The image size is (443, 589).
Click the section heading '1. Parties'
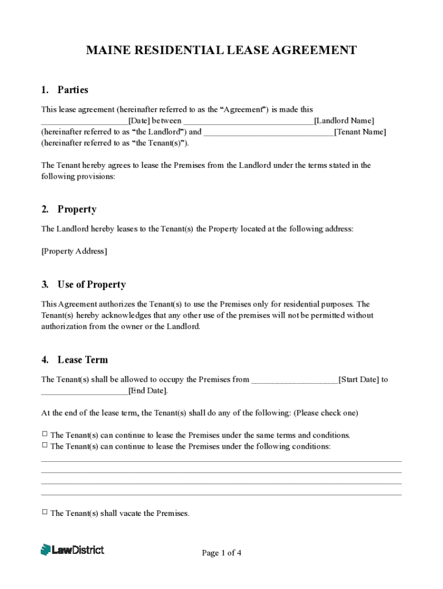pos(64,90)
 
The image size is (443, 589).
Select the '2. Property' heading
pos(68,209)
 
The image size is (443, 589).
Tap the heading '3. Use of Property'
pos(83,285)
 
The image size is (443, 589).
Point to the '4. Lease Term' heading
pos(74,360)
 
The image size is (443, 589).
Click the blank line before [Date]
pos(84,122)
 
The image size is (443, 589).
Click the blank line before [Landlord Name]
pos(248,122)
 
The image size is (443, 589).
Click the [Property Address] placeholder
pos(74,251)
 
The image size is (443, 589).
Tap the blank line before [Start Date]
pos(295,381)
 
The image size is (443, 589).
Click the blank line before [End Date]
pos(84,392)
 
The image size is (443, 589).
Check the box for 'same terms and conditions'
pos(45,434)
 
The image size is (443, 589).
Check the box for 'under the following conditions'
pos(45,445)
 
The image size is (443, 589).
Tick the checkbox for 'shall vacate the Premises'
pos(45,512)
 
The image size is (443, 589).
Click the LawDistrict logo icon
pos(45,550)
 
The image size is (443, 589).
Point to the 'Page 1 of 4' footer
pos(221,553)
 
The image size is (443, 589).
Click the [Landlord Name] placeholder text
pos(344,121)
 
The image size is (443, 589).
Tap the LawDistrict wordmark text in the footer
pos(78,550)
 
